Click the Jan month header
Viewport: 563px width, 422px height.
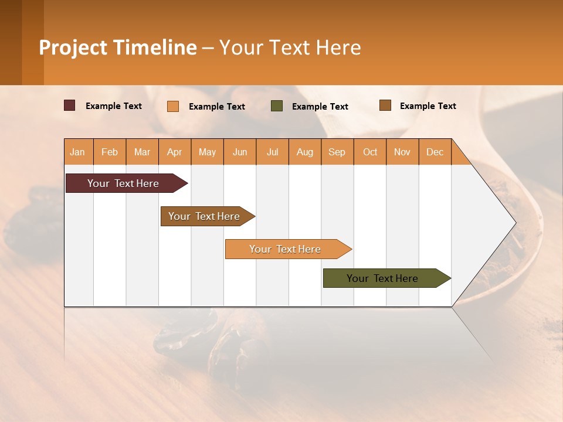(x=77, y=152)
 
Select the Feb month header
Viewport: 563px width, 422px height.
(x=110, y=152)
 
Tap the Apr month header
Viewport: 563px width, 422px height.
(x=174, y=152)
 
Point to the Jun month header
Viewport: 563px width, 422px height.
(x=240, y=152)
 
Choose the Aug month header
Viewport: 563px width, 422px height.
(x=304, y=152)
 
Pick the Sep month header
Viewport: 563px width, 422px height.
(x=337, y=152)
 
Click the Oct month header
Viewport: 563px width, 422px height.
(x=370, y=152)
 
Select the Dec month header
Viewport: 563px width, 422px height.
(x=435, y=152)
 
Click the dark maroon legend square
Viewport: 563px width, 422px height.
(x=69, y=105)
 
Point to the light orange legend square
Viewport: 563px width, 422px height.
(x=172, y=106)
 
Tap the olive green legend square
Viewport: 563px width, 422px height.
(x=277, y=106)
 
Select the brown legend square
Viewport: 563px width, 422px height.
(x=385, y=105)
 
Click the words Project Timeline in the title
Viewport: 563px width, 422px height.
(x=118, y=47)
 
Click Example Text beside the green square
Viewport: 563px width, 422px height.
(x=320, y=107)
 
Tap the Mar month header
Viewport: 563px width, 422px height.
(x=142, y=152)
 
